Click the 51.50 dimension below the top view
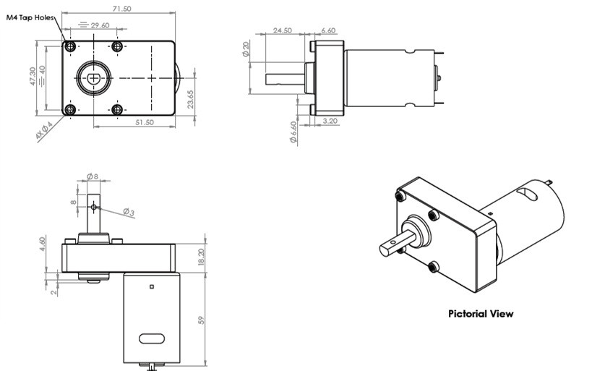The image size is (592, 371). [145, 123]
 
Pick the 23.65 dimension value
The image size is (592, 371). [190, 98]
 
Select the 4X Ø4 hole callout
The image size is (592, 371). [43, 131]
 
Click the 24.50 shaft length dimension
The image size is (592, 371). [282, 30]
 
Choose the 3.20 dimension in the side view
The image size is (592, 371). [330, 121]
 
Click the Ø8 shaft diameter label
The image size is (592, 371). [92, 176]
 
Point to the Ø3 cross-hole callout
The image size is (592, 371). [127, 212]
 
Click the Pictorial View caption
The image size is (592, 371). [481, 314]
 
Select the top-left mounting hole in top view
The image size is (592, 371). [70, 47]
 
